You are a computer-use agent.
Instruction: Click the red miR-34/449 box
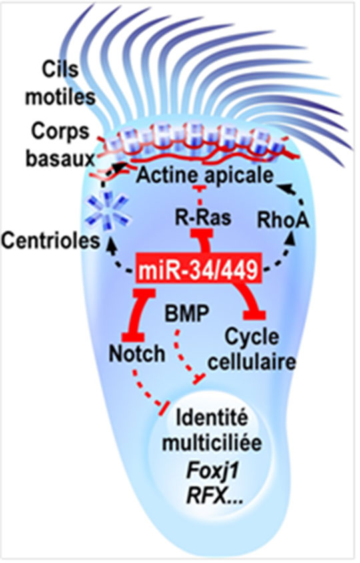[x=199, y=270]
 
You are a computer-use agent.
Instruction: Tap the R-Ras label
[x=203, y=217]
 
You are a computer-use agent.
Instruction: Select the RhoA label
[x=283, y=219]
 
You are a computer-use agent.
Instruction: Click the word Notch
[x=137, y=354]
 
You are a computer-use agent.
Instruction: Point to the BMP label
[x=187, y=314]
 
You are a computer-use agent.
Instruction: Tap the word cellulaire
[x=252, y=362]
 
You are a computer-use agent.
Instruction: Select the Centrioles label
[x=51, y=241]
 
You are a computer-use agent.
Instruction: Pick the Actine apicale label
[x=205, y=175]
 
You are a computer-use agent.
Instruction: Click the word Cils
[x=60, y=69]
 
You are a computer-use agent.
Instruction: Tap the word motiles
[x=60, y=96]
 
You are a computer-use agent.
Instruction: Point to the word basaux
[x=60, y=158]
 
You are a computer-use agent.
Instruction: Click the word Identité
[x=212, y=418]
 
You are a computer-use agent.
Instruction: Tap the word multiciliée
[x=212, y=443]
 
